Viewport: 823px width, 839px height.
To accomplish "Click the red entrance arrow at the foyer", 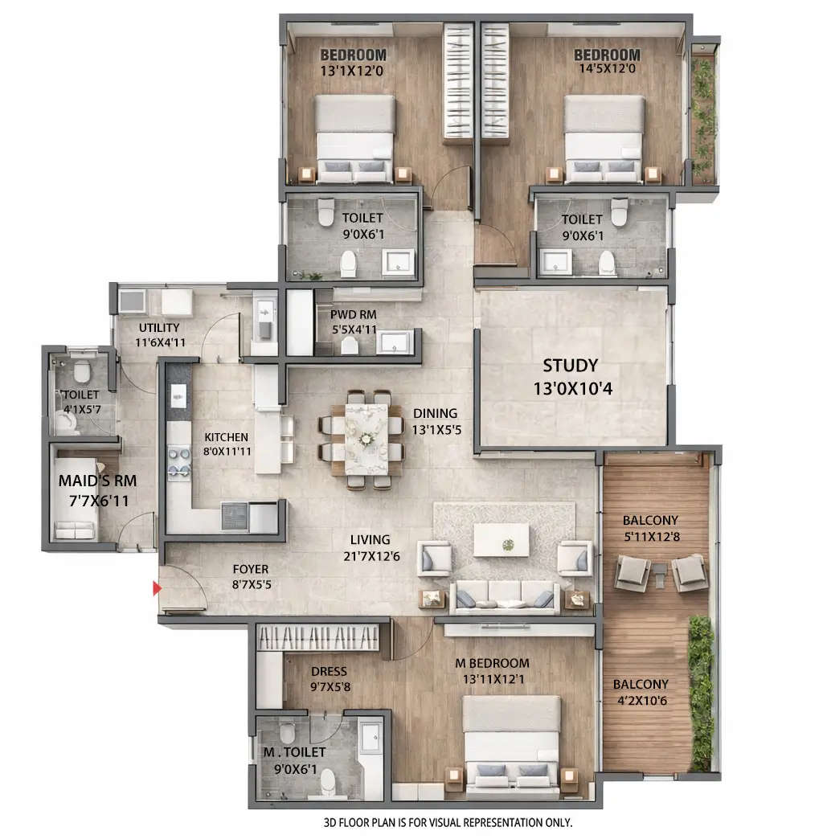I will [158, 589].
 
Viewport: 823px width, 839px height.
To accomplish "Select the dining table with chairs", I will [366, 439].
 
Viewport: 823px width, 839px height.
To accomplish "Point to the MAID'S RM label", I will [97, 481].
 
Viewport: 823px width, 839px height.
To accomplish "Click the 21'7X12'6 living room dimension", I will [370, 556].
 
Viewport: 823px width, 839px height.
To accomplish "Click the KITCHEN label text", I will [226, 437].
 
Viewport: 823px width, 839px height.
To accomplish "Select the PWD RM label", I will [353, 315].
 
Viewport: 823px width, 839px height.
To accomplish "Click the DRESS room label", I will [329, 671].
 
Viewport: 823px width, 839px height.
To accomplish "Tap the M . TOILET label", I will [295, 752].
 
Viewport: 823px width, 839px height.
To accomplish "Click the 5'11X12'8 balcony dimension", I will [651, 536].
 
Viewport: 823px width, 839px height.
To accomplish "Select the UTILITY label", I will [158, 328].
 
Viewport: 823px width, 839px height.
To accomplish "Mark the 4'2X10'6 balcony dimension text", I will [641, 701].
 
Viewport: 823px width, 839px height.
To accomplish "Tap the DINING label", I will [435, 413].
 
